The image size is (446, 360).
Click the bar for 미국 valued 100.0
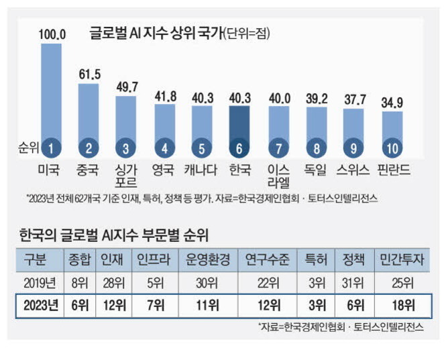click(50, 94)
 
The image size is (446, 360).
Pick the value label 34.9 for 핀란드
click(392, 103)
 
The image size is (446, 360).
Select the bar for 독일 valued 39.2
click(315, 127)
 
